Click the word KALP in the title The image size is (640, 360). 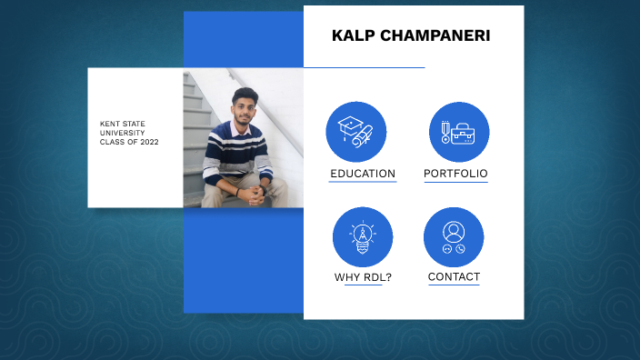click(351, 36)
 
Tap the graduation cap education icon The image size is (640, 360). click(356, 132)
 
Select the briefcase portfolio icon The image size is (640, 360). click(459, 132)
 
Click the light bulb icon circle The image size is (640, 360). click(363, 237)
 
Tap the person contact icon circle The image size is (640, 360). click(454, 237)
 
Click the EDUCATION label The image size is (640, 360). click(363, 174)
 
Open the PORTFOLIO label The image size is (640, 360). click(455, 174)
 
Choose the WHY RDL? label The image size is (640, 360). click(363, 277)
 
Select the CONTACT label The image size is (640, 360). click(454, 276)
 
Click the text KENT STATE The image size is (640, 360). click(123, 124)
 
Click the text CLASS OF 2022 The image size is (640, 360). click(129, 142)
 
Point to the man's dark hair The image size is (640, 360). click(244, 95)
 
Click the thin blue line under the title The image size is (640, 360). click(364, 67)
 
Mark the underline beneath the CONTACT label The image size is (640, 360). click(454, 285)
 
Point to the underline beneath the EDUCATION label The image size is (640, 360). click(363, 182)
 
